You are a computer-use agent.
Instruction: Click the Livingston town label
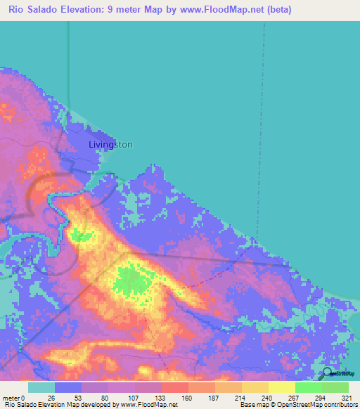110,145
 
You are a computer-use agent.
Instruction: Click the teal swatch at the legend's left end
41,387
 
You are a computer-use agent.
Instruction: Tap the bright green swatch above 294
308,387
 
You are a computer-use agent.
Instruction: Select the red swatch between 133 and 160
174,387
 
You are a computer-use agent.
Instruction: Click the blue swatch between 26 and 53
67,387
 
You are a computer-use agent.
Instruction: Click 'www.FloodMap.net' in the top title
219,9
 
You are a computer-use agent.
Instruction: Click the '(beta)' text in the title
276,9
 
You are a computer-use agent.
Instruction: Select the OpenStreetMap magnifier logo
327,375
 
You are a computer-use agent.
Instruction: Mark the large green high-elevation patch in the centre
132,280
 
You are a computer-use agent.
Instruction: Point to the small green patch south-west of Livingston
82,235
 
